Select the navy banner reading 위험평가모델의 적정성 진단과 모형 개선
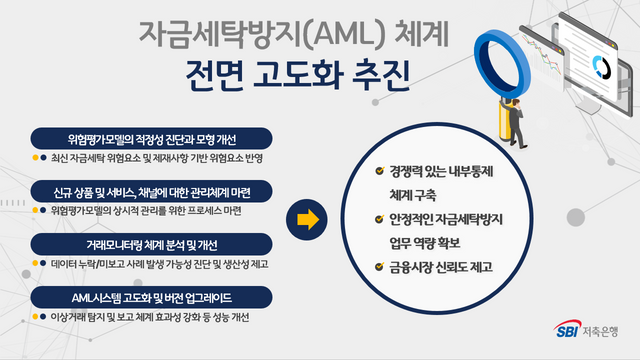(151, 136)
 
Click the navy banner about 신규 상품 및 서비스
(151, 190)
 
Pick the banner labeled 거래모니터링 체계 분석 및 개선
(151, 244)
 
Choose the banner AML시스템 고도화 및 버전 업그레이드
(151, 297)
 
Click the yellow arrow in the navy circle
(308, 217)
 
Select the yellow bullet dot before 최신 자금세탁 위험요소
(33, 157)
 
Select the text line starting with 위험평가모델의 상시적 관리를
(145, 211)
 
